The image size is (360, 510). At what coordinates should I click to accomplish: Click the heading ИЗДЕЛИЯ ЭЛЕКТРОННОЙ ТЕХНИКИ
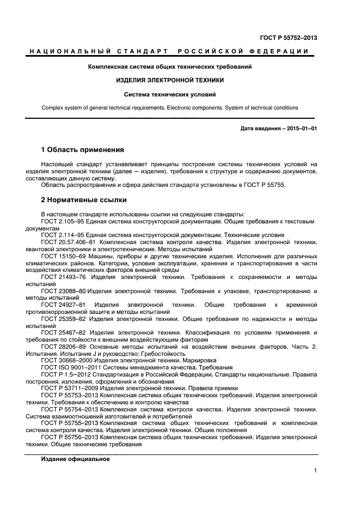pos(170,80)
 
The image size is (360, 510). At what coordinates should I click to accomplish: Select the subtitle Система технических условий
pos(170,94)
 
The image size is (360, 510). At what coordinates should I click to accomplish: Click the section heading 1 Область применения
pos(83,149)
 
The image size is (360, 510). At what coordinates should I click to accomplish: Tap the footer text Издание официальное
pos(75,459)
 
